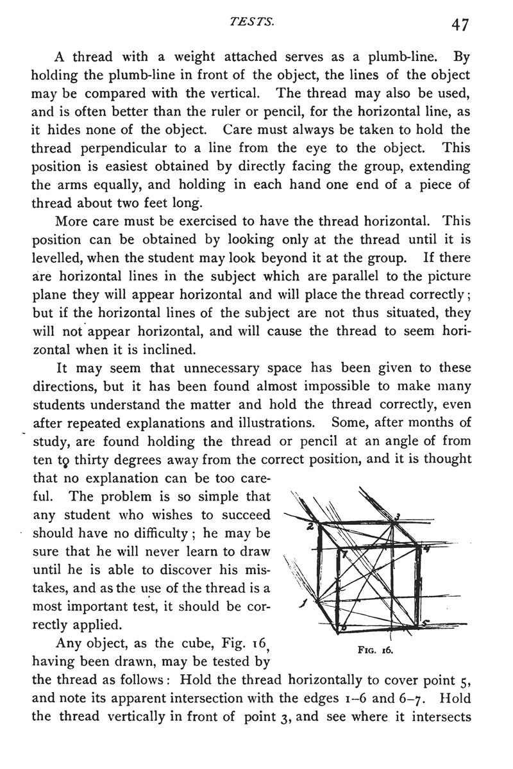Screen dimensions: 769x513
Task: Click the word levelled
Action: (60, 258)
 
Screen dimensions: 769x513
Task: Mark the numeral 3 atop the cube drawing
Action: (398, 517)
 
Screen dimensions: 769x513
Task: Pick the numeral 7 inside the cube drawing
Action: (344, 554)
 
